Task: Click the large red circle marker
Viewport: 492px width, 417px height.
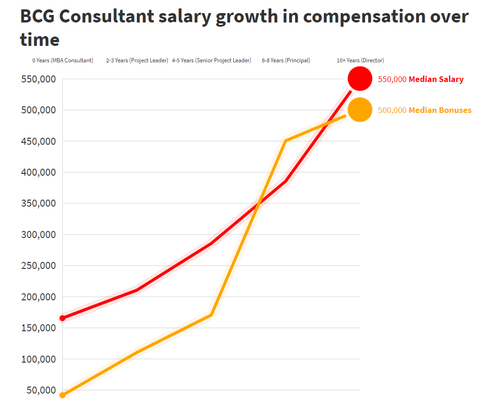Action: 360,79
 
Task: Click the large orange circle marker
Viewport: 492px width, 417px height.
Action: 360,110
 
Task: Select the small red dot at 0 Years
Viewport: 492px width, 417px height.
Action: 62,318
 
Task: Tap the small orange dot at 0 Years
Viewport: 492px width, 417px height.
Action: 62,395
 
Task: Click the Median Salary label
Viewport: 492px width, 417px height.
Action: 436,79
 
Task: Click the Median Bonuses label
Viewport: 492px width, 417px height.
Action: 440,110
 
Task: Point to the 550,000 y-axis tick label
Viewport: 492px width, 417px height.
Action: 39,79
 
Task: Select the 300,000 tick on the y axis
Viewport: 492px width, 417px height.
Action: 39,235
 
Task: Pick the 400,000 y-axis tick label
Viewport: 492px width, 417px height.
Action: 39,172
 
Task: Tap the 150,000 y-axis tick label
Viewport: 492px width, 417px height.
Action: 39,328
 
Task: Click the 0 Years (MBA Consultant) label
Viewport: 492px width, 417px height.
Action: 63,60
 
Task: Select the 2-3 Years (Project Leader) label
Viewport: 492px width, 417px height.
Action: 137,60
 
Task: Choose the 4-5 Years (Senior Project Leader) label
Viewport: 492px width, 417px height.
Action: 211,60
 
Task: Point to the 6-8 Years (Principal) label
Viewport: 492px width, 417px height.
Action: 286,60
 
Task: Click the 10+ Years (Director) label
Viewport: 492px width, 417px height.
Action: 360,60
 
